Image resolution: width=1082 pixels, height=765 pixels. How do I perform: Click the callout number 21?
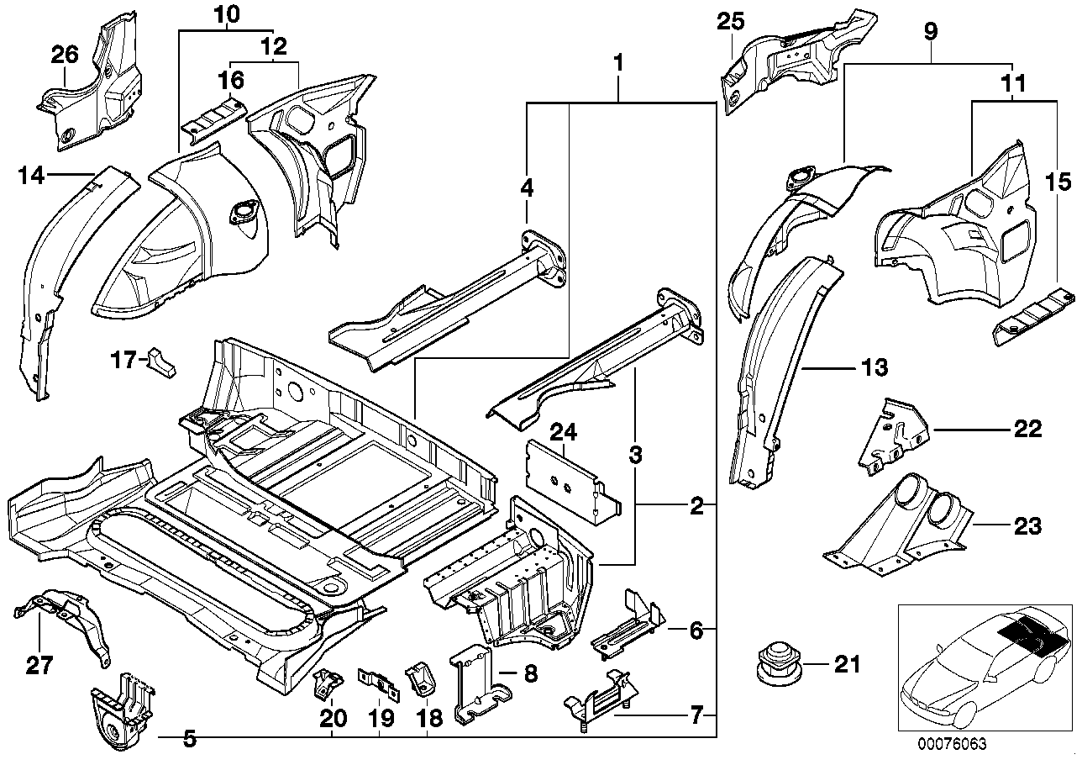(847, 665)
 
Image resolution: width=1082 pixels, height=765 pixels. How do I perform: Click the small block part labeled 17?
(161, 361)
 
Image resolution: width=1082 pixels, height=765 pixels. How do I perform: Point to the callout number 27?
(39, 666)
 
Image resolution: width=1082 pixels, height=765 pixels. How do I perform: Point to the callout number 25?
(730, 21)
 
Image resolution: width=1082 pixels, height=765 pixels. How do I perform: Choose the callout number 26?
(65, 55)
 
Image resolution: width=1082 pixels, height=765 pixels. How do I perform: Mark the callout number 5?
(190, 739)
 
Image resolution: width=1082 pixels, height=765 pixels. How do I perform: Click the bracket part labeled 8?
(476, 685)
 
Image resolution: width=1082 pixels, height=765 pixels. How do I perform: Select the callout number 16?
(231, 80)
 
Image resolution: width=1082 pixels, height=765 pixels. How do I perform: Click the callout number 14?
(32, 176)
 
